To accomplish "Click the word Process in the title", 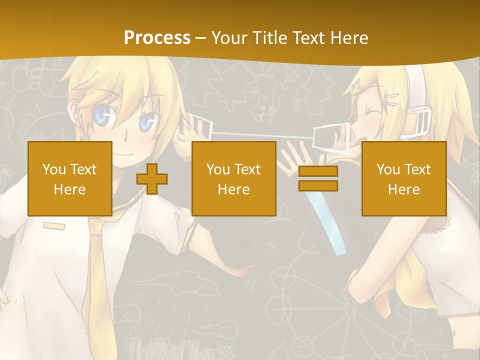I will (x=157, y=37).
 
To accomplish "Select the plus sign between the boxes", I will (x=152, y=179).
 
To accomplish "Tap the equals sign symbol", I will (x=318, y=178).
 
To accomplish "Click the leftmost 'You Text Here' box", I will (x=70, y=179).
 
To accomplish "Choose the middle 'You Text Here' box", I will (x=234, y=179).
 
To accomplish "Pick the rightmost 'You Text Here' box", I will (x=404, y=179).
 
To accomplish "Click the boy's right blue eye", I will (x=146, y=121).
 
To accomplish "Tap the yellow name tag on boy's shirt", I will (x=53, y=226).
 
